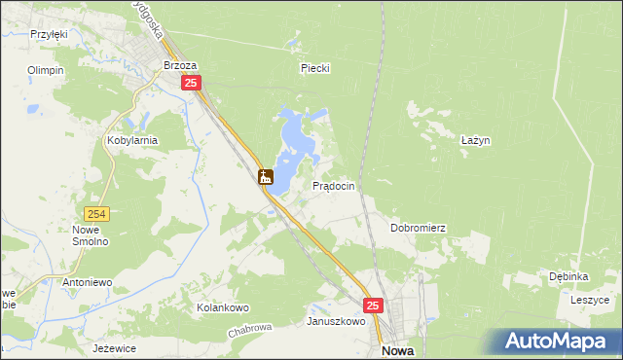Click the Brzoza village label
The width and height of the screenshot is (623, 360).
pos(181,65)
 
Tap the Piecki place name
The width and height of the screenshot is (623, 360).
pos(315,68)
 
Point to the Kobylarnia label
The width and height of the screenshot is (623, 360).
pos(131,140)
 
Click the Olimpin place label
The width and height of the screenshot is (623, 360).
pos(46,71)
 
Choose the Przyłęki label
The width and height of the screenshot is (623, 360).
pos(48,34)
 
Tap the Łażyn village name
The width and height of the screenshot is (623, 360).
pos(474,140)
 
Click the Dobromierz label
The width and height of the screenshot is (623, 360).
pos(418,228)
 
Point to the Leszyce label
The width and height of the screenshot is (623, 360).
pos(589,301)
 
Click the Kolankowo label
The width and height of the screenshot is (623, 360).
pos(223,307)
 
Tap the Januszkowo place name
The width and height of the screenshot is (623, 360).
pos(336,321)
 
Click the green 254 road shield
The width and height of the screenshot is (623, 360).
pos(95,214)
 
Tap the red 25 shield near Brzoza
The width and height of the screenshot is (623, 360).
pos(191,85)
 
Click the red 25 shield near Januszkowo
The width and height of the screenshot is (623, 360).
pos(375,306)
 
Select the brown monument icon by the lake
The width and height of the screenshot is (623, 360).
pos(265,177)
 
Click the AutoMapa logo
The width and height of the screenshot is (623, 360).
pos(559,342)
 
